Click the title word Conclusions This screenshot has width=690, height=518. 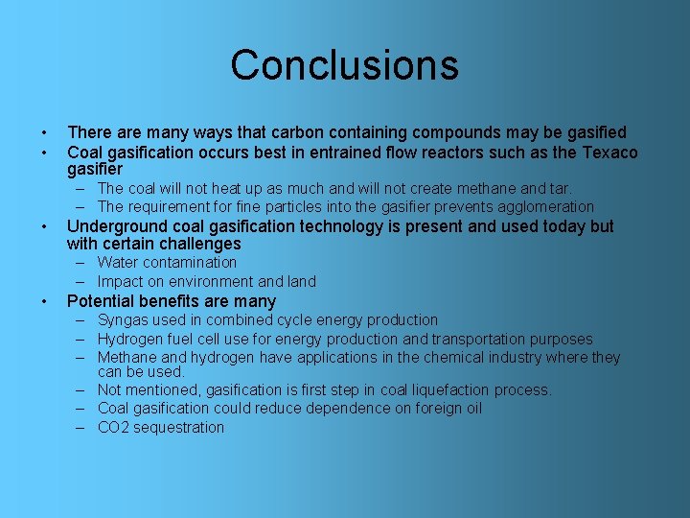click(344, 65)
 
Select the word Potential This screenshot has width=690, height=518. click(101, 301)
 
